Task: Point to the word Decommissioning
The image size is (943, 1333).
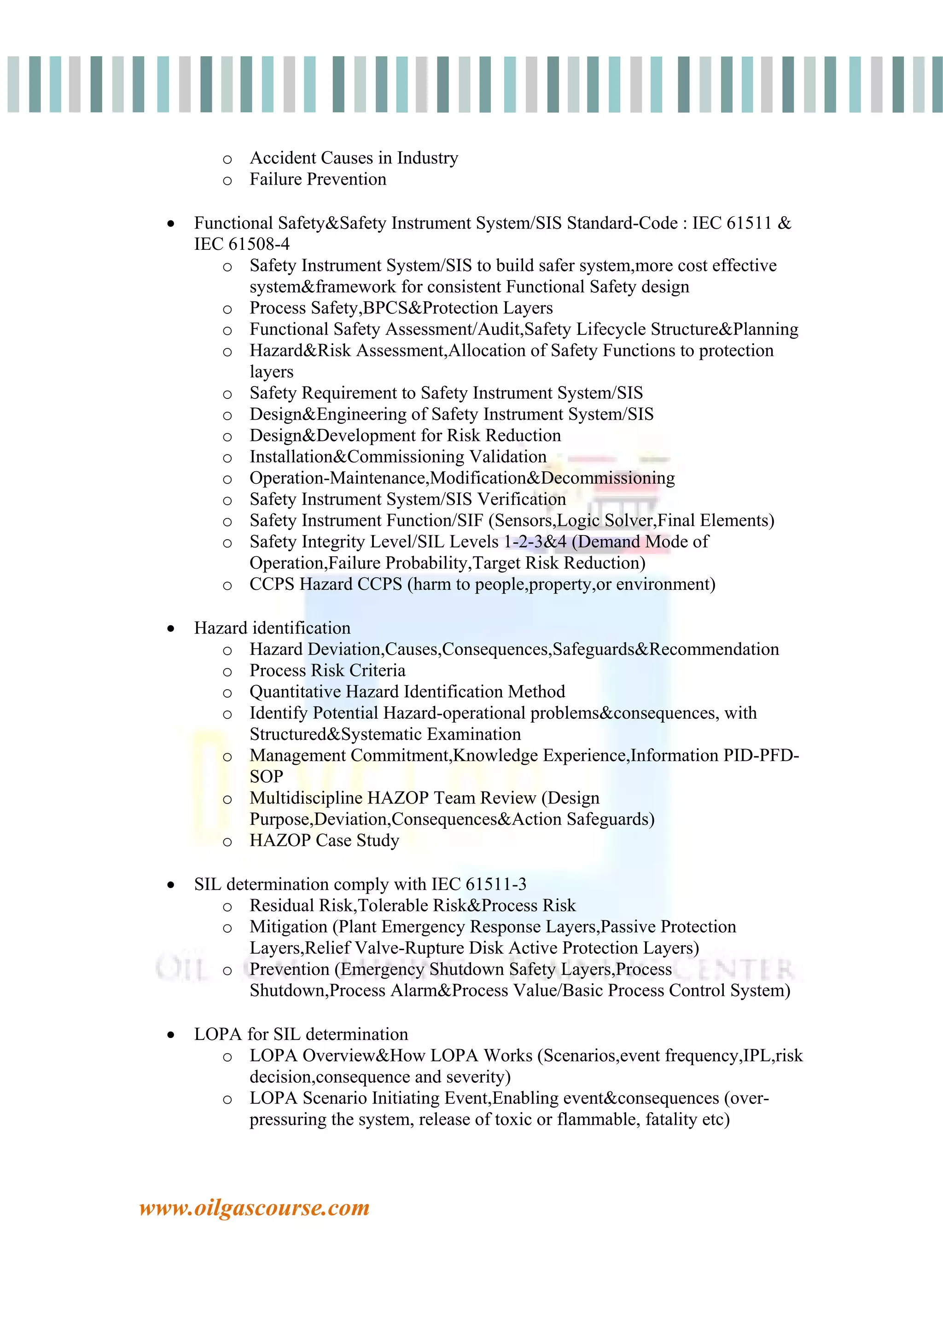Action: click(x=608, y=479)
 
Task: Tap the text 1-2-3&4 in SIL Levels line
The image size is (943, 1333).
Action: click(x=535, y=542)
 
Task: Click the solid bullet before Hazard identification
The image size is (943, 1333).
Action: click(x=170, y=629)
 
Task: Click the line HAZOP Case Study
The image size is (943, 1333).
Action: click(x=324, y=841)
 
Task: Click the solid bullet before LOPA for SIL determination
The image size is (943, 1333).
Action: click(x=170, y=1035)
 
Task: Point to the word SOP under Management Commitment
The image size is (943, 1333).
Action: click(x=266, y=777)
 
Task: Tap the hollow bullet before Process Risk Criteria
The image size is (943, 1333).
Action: click(x=227, y=672)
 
